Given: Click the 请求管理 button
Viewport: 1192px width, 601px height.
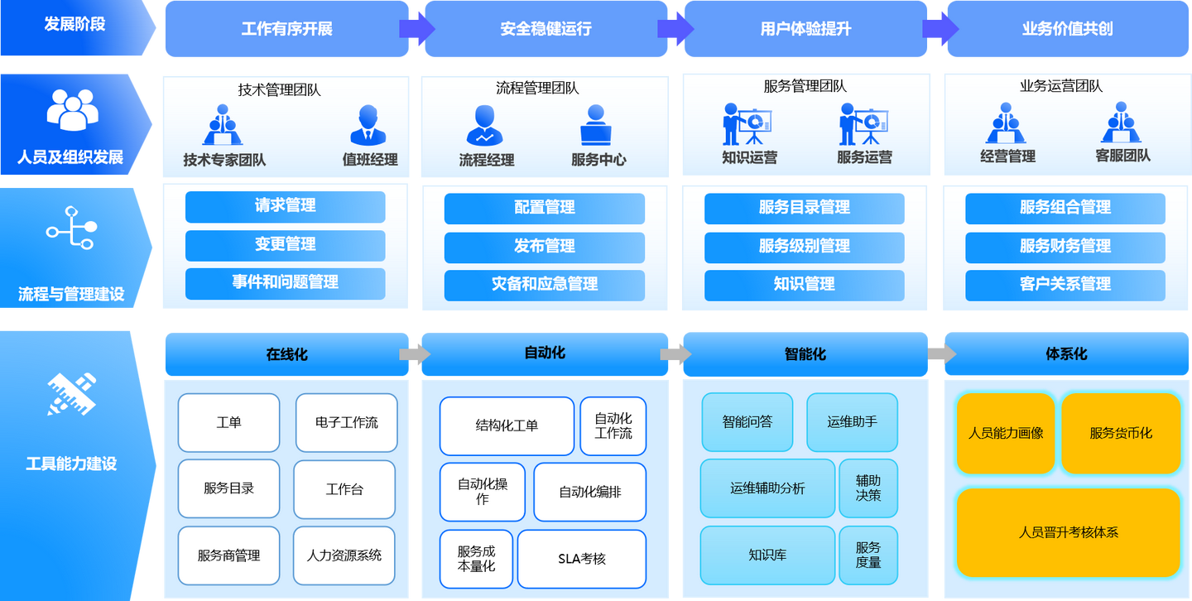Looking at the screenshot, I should (285, 207).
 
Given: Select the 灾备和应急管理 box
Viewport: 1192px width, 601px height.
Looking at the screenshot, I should (544, 285).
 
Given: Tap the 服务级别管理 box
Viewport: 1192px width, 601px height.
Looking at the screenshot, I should (804, 247).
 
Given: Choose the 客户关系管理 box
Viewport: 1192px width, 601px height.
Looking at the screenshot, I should (1065, 285).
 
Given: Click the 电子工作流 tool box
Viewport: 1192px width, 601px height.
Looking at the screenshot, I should (346, 422).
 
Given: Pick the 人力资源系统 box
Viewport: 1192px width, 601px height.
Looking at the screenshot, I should (344, 555).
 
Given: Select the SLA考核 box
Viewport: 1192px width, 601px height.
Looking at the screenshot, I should (581, 559).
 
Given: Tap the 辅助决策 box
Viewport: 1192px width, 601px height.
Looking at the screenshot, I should (868, 488).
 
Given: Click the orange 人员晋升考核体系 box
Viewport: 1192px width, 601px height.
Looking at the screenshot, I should (1068, 532).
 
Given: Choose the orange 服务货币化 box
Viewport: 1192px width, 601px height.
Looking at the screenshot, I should (1120, 433).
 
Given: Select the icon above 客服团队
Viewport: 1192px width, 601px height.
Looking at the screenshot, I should (1122, 123).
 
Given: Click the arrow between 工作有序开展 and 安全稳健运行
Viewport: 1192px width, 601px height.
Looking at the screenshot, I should (416, 29).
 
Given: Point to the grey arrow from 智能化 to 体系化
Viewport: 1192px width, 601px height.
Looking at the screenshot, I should (941, 354).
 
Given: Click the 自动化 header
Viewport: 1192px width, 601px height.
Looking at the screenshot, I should (545, 353).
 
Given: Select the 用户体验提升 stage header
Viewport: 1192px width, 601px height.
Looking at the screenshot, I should (805, 30).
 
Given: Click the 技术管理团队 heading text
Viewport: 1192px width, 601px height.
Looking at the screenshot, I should (279, 90).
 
